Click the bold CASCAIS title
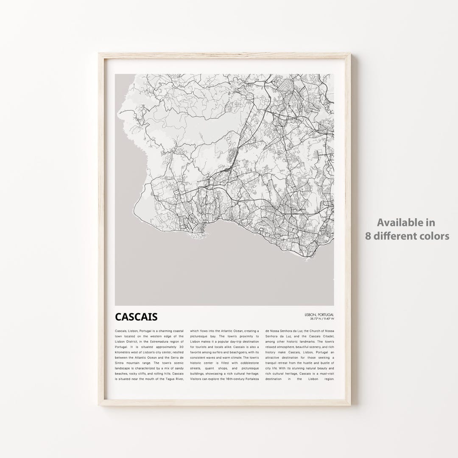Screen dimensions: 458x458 (x=136, y=317)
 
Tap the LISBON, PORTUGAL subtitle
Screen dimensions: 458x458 (x=319, y=314)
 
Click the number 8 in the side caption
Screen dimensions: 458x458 (x=369, y=236)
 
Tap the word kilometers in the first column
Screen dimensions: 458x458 (x=124, y=352)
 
